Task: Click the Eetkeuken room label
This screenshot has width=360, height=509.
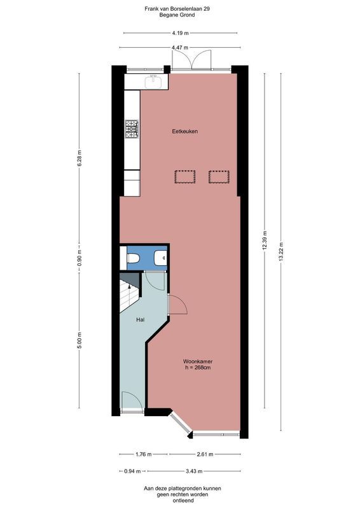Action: pyautogui.click(x=185, y=132)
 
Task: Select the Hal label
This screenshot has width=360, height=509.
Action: pyautogui.click(x=141, y=319)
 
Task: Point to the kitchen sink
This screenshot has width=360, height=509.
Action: pyautogui.click(x=153, y=81)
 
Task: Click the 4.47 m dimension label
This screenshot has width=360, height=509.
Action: pyautogui.click(x=180, y=47)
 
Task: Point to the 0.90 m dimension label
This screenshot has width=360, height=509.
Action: pyautogui.click(x=80, y=259)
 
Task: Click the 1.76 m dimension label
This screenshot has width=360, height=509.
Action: pyautogui.click(x=144, y=454)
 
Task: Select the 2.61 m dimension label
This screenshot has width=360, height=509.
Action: pyautogui.click(x=204, y=454)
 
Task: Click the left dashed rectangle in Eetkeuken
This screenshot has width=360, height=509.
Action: pyautogui.click(x=184, y=176)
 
